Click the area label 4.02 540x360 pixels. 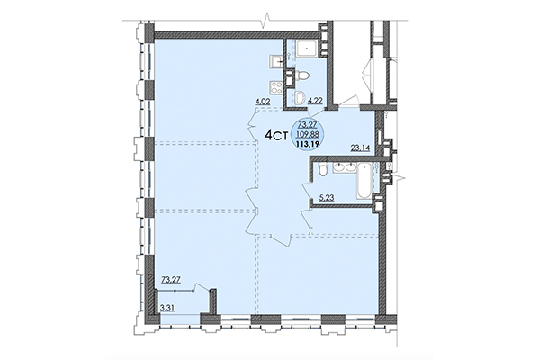coord(264,102)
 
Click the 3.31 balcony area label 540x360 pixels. coord(167,309)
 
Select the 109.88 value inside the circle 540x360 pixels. coord(311,130)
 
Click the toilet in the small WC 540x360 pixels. coord(303,75)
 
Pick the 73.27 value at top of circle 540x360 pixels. coord(311,122)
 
